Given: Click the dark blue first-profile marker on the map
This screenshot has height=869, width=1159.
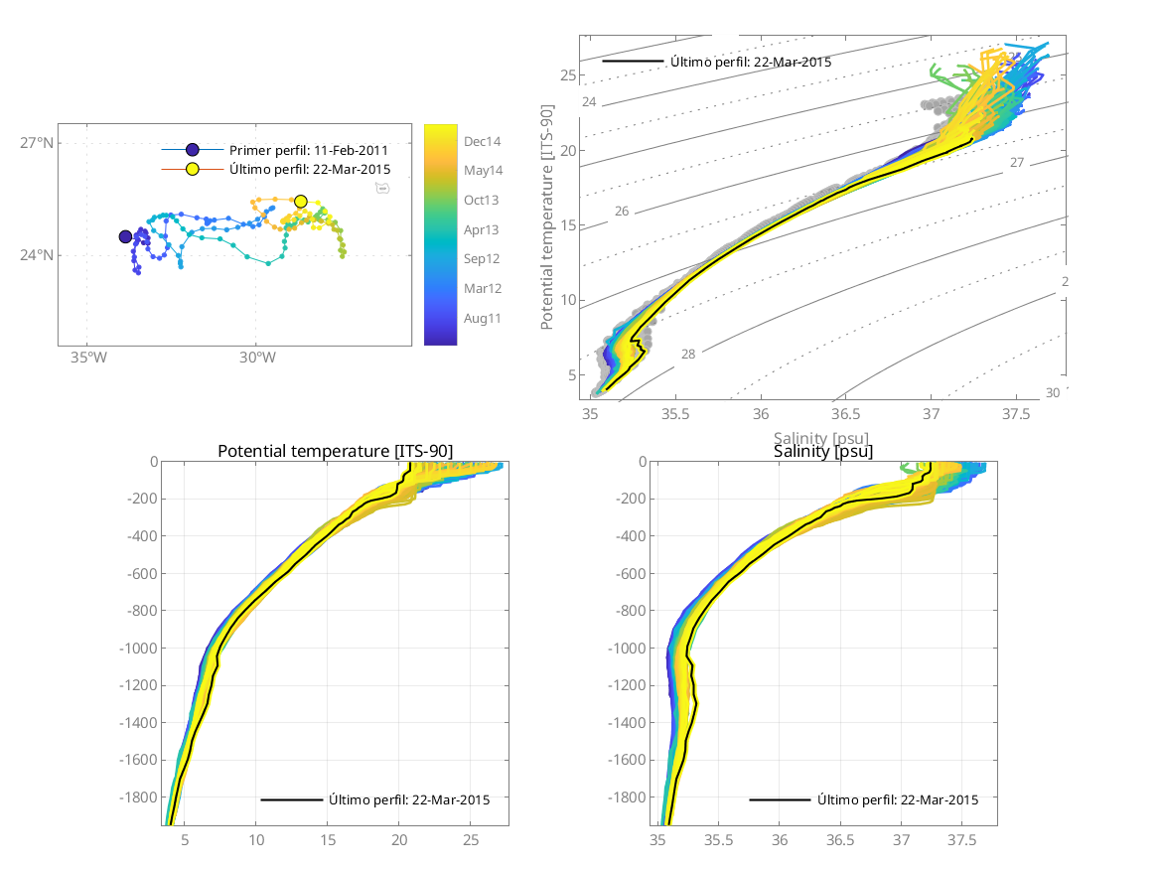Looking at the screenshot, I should point(125,236).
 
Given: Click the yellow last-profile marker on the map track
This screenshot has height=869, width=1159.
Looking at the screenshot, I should point(301,202).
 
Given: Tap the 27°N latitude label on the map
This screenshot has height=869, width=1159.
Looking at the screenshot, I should point(38,143).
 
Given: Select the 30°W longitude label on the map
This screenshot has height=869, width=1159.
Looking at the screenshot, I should point(256,359).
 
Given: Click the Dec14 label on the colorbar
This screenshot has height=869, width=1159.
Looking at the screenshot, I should point(483,141).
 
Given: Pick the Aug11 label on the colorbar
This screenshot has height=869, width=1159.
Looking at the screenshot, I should point(482,319).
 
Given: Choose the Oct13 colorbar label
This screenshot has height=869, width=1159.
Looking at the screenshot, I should point(482,200).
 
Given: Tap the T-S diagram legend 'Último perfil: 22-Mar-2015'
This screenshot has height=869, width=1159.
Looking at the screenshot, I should point(751,62).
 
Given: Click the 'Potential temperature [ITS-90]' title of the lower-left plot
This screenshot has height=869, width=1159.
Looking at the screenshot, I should point(335,452).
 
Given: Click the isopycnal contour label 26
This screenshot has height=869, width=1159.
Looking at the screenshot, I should point(622,212).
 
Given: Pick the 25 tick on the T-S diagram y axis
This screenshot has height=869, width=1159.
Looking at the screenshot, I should point(568,75).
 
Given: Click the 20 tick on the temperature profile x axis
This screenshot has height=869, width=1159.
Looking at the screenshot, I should point(398,838).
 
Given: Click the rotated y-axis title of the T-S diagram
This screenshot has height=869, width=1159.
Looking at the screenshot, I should point(547,234).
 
